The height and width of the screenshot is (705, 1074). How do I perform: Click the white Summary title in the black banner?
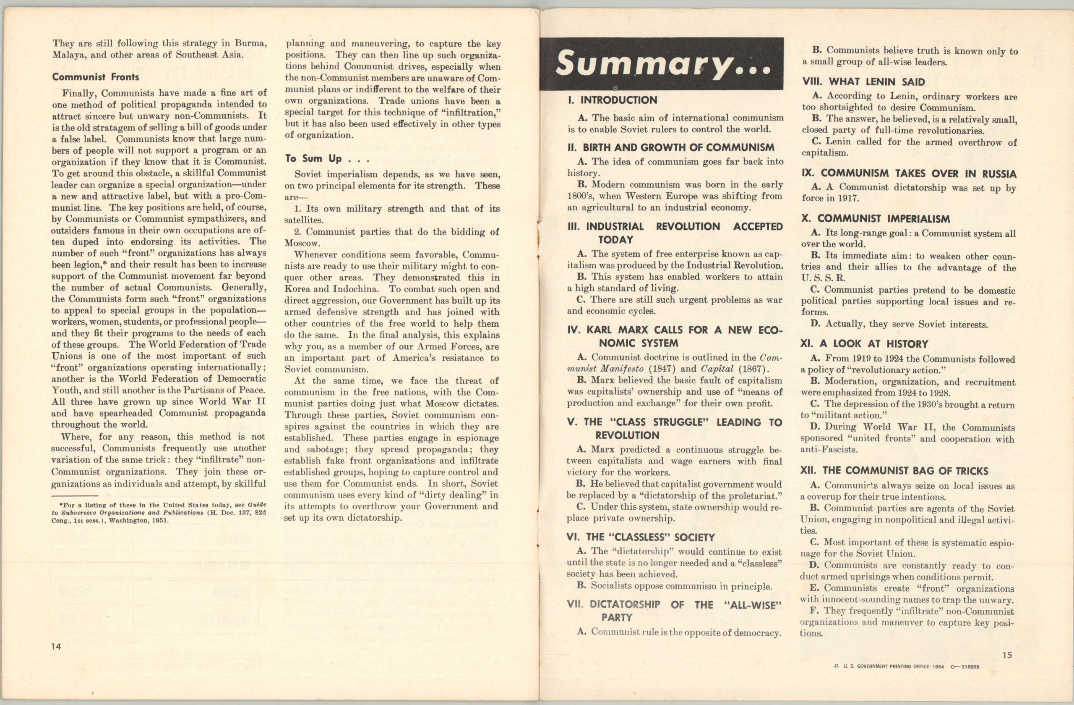662,63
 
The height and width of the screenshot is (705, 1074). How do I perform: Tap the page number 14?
56,646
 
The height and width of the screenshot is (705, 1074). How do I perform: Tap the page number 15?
1007,655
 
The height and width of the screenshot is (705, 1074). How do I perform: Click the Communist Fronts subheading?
95,77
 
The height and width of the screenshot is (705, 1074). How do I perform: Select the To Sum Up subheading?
327,159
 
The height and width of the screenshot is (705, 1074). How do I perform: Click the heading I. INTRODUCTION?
613,100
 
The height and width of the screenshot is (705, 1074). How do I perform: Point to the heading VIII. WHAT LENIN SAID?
863,82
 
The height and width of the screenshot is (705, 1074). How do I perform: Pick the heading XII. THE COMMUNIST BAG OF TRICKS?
894,471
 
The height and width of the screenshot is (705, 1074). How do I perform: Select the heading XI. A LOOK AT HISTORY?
864,344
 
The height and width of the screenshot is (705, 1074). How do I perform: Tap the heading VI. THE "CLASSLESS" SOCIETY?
641,537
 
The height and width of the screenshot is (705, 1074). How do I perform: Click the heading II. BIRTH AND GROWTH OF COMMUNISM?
670,147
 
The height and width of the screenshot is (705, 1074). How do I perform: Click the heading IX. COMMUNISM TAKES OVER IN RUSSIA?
909,173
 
